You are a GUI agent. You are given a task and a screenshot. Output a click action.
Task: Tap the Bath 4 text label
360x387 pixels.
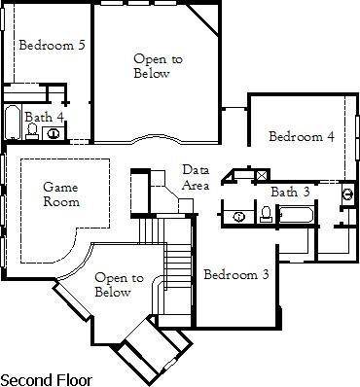44,117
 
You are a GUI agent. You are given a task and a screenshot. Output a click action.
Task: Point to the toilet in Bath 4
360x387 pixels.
32,133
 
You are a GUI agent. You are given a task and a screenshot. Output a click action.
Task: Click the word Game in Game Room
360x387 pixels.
59,187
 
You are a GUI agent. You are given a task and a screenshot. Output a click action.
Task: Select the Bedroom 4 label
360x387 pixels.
302,136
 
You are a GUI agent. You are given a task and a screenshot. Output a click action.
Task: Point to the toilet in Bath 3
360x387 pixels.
265,214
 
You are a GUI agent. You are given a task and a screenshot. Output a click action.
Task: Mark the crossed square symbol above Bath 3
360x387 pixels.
260,175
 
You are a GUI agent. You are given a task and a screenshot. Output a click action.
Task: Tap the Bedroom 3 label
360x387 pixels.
236,274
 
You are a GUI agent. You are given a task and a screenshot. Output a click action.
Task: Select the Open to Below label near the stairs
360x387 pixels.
113,285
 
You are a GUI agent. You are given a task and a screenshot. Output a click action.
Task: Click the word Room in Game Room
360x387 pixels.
60,202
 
